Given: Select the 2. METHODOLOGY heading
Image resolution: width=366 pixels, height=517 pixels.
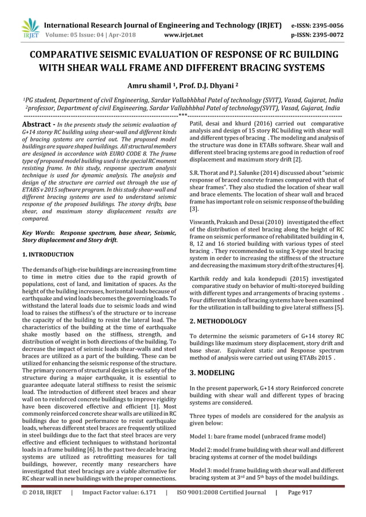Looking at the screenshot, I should (x=218, y=321).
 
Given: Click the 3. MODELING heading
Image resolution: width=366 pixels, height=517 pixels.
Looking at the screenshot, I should (x=212, y=373).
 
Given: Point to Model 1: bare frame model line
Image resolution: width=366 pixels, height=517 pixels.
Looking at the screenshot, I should (x=258, y=436).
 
